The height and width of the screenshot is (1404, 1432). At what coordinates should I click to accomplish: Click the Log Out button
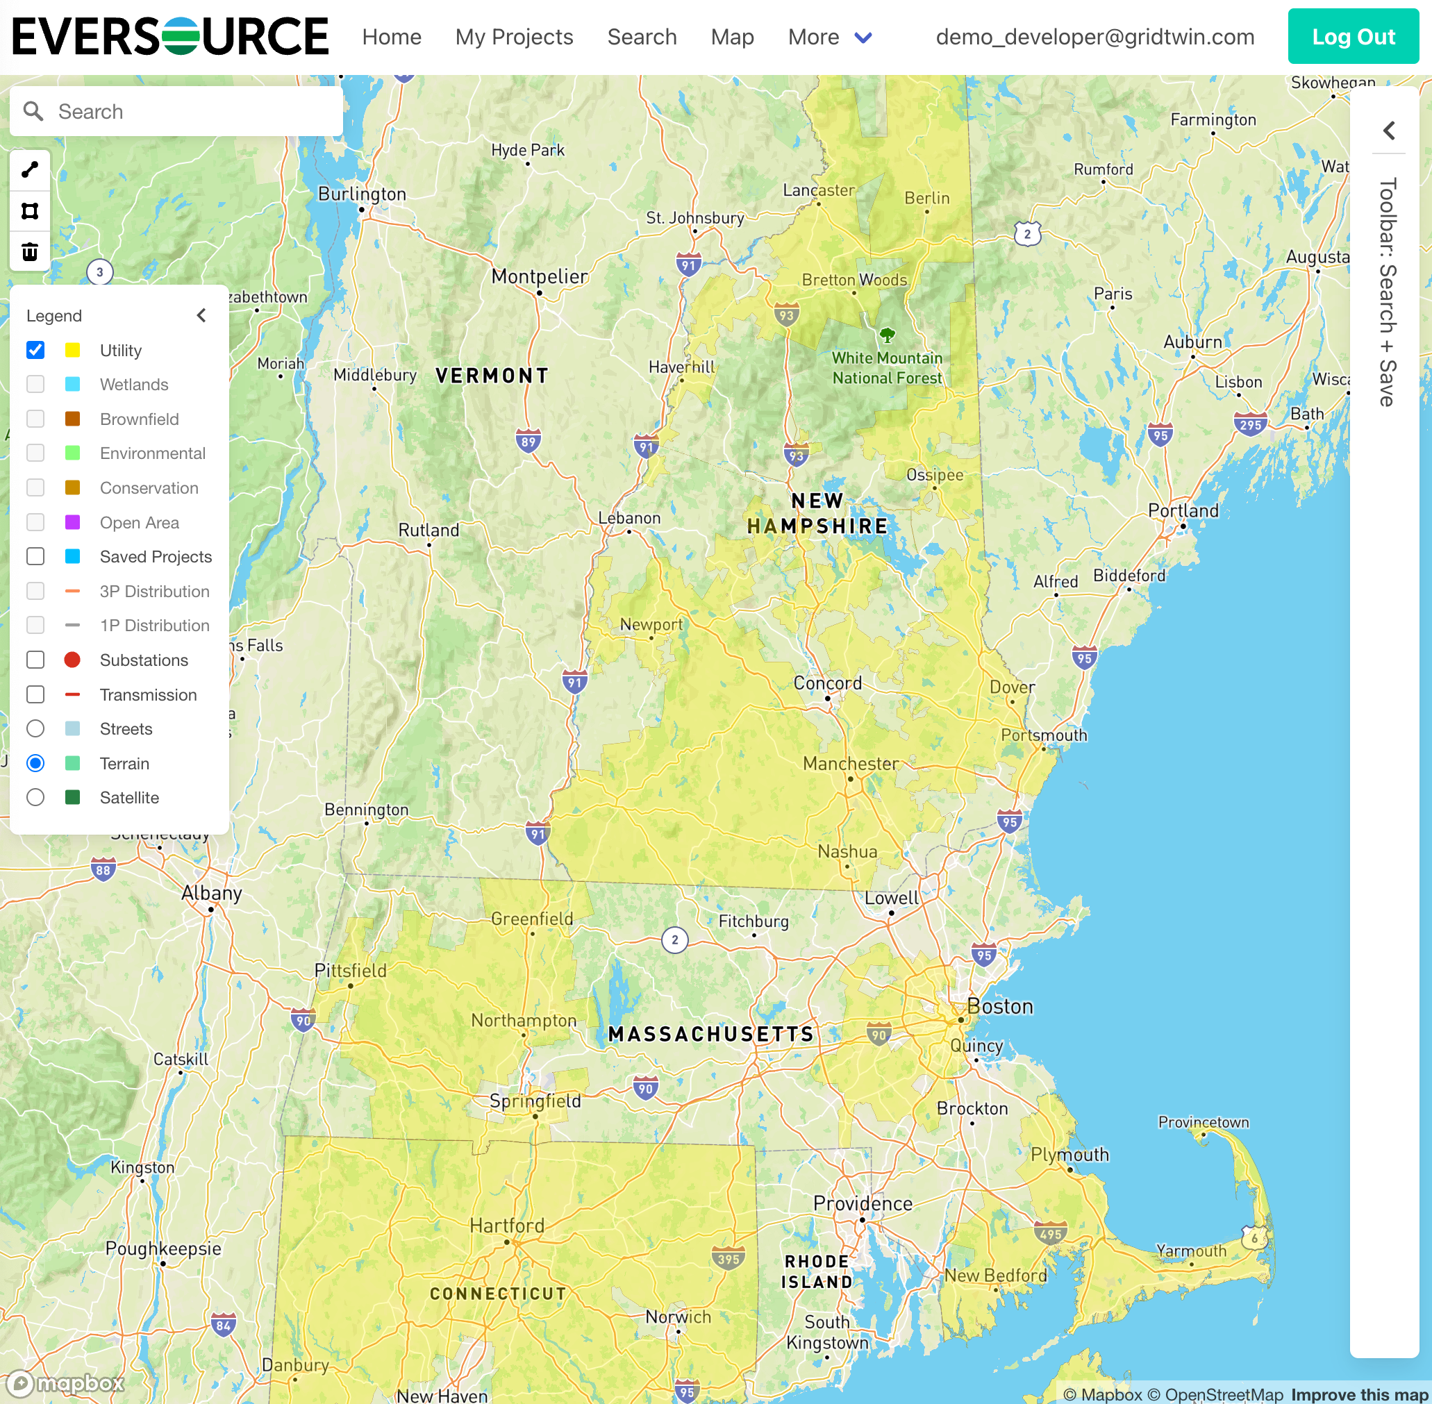pyautogui.click(x=1352, y=37)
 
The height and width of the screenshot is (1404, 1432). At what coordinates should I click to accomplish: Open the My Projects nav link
pyautogui.click(x=514, y=37)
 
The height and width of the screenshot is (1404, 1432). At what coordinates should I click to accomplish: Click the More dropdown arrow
pyautogui.click(x=863, y=37)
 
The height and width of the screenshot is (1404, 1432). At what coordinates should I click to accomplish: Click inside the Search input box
pyautogui.click(x=192, y=111)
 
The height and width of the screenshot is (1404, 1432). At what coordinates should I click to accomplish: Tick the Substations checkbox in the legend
pyautogui.click(x=35, y=660)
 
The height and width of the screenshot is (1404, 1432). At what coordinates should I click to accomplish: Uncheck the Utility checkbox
pyautogui.click(x=35, y=350)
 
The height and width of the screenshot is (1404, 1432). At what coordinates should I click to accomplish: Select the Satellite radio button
pyautogui.click(x=35, y=798)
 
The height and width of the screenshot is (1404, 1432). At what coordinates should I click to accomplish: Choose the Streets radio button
pyautogui.click(x=35, y=729)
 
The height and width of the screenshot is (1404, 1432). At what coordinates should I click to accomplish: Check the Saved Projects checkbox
pyautogui.click(x=35, y=557)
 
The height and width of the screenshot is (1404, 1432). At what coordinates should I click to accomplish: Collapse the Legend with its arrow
pyautogui.click(x=201, y=316)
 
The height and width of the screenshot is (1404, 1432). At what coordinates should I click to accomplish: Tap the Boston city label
pyautogui.click(x=1000, y=1007)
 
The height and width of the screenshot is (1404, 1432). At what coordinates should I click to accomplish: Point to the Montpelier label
pyautogui.click(x=539, y=276)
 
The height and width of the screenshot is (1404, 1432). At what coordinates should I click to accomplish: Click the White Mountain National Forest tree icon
pyautogui.click(x=887, y=335)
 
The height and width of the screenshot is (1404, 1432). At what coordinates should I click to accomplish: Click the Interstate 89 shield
pyautogui.click(x=528, y=442)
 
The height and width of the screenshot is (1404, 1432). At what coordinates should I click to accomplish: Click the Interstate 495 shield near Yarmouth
pyautogui.click(x=1050, y=1234)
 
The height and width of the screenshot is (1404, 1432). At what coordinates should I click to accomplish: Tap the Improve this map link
pyautogui.click(x=1359, y=1394)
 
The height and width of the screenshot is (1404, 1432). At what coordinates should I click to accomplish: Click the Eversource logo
pyautogui.click(x=170, y=37)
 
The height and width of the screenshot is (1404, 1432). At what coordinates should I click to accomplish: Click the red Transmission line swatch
pyautogui.click(x=72, y=694)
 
